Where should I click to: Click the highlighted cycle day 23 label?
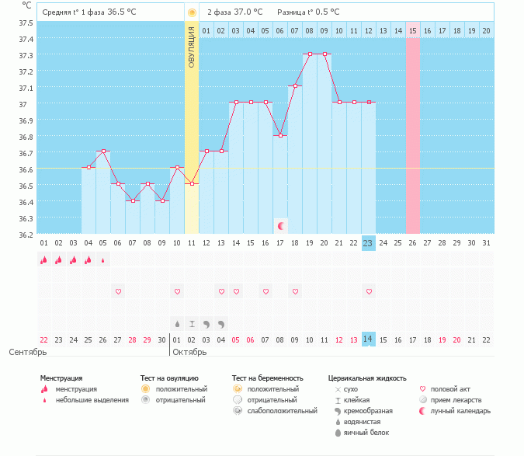(x=369, y=243)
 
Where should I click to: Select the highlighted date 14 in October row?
(x=369, y=339)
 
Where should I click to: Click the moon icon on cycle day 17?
(x=280, y=226)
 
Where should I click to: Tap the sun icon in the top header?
(x=192, y=13)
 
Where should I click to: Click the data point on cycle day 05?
(x=103, y=151)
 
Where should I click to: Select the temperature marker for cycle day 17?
(x=280, y=135)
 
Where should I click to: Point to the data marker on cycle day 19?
(x=310, y=54)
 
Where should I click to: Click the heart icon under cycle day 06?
(x=118, y=291)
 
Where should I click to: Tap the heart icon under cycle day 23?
(x=369, y=291)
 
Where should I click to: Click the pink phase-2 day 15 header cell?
(x=413, y=30)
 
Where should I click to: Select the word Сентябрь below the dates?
(x=27, y=352)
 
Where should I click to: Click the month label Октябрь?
(x=189, y=352)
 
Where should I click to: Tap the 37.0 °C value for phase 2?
(x=248, y=13)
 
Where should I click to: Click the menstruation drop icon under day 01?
(x=44, y=261)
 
